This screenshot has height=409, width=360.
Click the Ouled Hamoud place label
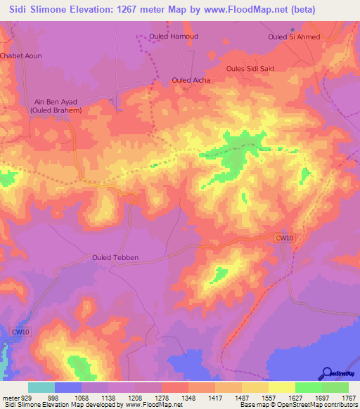174,36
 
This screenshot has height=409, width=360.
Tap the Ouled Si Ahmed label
294,37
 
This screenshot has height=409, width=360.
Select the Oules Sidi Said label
250,68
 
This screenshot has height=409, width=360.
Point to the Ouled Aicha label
191,80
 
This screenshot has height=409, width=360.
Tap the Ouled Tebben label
116,257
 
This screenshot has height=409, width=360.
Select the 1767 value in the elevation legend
348,397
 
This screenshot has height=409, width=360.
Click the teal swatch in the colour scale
41,387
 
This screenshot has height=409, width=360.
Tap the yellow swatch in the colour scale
281,387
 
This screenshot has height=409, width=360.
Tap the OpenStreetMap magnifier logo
326,374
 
